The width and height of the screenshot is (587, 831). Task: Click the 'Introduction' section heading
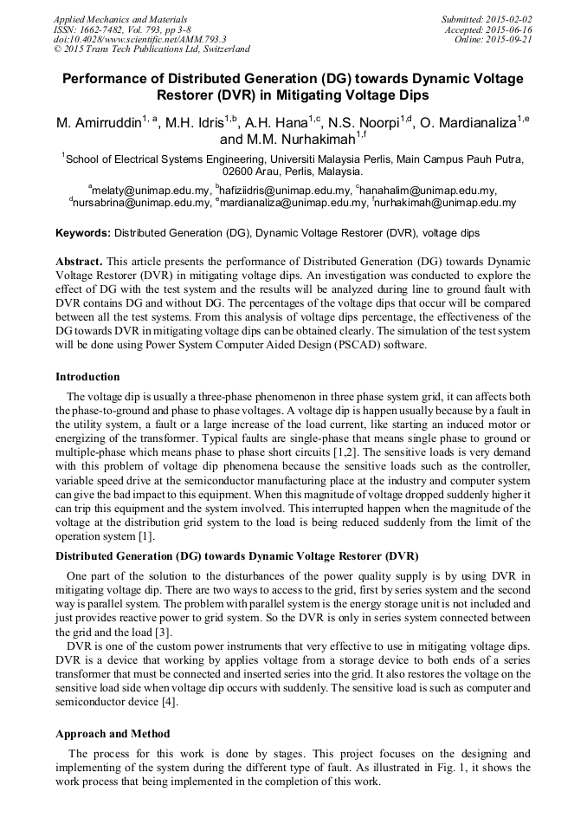coord(87,377)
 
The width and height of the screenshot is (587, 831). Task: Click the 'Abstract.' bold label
coord(79,261)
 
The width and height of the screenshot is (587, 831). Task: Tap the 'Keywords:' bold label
coord(83,233)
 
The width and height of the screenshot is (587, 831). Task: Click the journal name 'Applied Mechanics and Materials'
coord(120,19)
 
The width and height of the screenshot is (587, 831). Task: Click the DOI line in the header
coord(140,39)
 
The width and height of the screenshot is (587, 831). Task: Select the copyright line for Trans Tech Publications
coord(152,49)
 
